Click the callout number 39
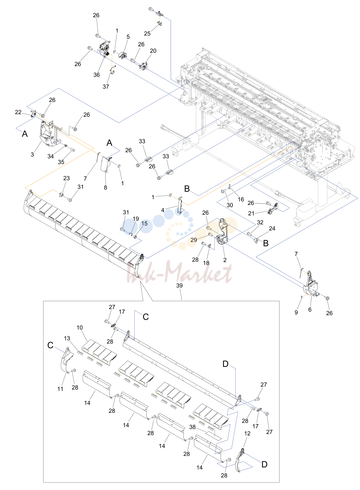179,285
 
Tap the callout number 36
97,75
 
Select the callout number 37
106,87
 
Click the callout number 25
147,33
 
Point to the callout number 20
153,51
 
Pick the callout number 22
18,112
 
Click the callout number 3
32,154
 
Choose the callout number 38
193,427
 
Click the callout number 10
80,327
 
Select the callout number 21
251,213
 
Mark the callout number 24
272,228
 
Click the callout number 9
296,312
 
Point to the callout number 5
128,37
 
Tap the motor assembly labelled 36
104,50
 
